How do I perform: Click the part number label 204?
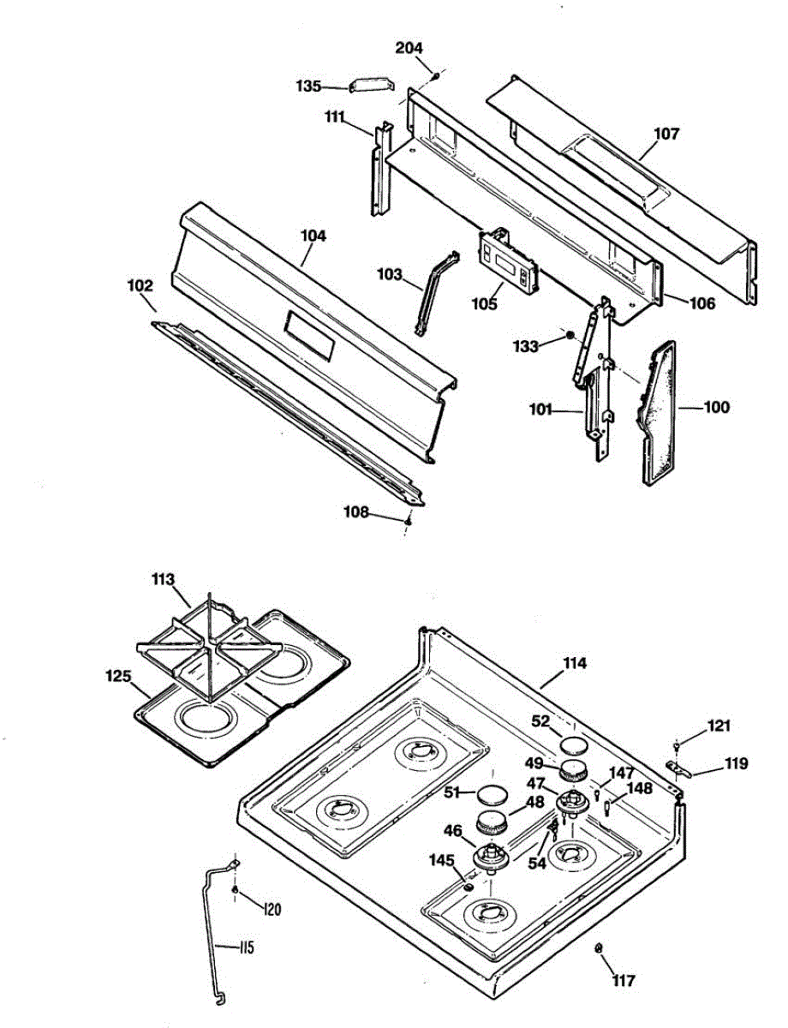pos(409,48)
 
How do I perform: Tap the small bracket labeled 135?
pos(368,86)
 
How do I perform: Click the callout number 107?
pos(666,134)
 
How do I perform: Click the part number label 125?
pos(119,677)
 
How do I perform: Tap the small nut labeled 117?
pos(599,948)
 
